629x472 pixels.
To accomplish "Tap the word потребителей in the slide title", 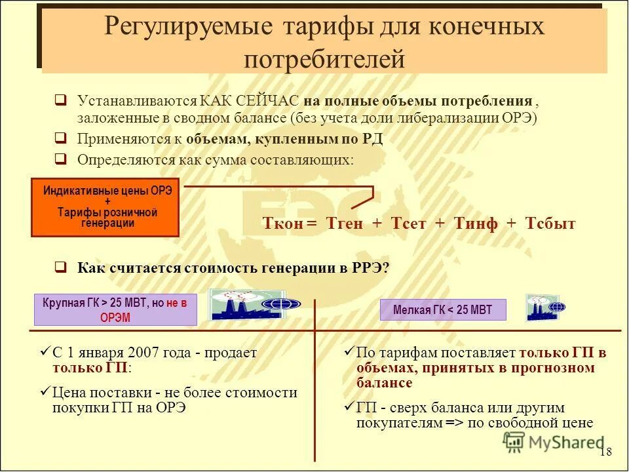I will pos(324,59).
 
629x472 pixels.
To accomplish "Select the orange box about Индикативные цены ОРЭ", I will pos(105,206).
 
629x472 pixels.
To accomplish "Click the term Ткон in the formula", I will pos(283,224).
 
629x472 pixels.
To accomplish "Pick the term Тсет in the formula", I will pos(408,224).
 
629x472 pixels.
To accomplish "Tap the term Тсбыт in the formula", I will pos(550,224).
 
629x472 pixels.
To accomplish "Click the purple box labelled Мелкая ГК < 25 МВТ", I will pos(443,310).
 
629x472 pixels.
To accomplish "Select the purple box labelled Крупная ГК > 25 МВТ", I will pos(115,310).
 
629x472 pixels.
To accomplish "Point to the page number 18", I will pos(605,452).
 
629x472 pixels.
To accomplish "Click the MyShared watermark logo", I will pos(554,442).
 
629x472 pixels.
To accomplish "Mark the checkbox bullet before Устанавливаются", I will pos(60,101).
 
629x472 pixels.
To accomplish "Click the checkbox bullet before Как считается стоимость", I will pos(60,267).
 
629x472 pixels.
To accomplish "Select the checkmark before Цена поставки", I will pos(44,392).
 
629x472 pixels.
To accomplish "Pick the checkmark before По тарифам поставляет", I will pos(349,353).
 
